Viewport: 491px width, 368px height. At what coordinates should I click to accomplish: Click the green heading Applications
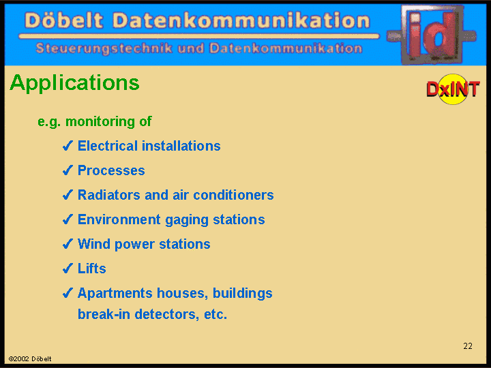(x=74, y=83)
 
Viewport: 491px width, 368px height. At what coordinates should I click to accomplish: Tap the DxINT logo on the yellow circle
(x=453, y=89)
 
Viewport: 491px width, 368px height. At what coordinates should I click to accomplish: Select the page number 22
(x=468, y=346)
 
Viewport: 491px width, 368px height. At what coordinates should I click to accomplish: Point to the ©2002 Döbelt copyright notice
(x=30, y=359)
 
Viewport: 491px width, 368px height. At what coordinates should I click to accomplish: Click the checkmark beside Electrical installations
(x=68, y=146)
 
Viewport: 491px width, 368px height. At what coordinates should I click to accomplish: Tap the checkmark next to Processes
(x=68, y=170)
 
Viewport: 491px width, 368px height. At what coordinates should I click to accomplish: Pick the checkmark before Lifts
(x=68, y=269)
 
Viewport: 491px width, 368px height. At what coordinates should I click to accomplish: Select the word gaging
(x=187, y=220)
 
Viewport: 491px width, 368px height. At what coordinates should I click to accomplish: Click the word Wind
(x=94, y=244)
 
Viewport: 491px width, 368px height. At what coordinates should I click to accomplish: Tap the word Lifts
(x=92, y=269)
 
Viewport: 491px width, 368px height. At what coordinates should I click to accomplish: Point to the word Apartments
(x=115, y=294)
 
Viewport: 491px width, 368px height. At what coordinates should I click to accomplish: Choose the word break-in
(x=104, y=314)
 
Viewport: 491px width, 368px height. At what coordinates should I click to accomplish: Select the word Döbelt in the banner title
(x=64, y=20)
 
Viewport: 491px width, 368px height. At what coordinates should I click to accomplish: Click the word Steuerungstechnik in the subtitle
(x=104, y=48)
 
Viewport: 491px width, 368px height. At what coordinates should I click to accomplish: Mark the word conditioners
(x=233, y=195)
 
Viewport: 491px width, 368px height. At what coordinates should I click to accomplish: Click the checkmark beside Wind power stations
(x=68, y=244)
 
